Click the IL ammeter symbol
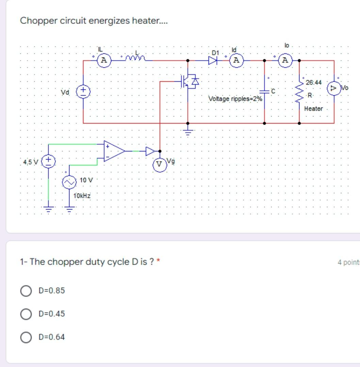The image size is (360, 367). [x=104, y=61]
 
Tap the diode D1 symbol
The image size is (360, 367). [x=213, y=61]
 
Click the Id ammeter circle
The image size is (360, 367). [x=237, y=61]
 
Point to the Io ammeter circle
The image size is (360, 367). [x=285, y=61]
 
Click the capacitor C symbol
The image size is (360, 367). [x=265, y=91]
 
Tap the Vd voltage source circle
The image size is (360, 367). [x=83, y=91]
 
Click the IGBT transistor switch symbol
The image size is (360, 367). [x=188, y=82]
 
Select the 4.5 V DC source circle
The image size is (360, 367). [x=48, y=161]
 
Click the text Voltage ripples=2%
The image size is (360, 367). [x=235, y=99]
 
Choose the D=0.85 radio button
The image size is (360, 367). [x=26, y=291]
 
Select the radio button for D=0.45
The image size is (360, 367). [x=26, y=314]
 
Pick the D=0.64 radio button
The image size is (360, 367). [x=26, y=337]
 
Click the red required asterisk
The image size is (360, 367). [x=158, y=262]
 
